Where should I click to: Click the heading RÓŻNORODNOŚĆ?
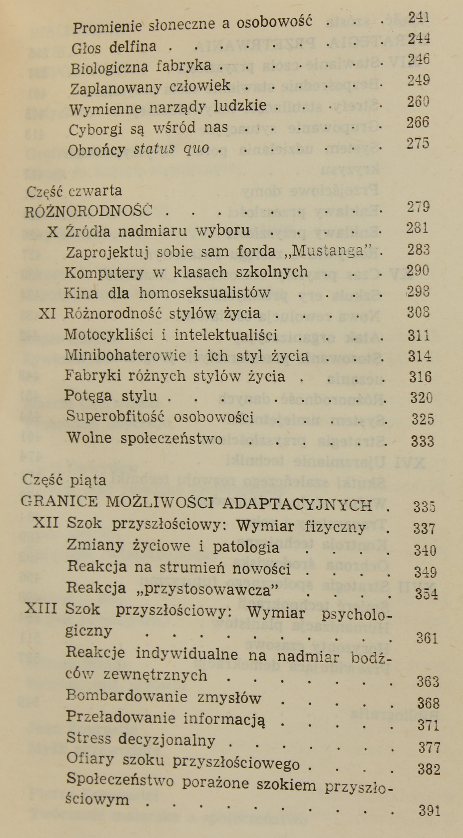pyautogui.click(x=89, y=210)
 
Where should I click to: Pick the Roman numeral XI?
pyautogui.click(x=47, y=313)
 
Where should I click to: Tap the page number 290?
pyautogui.click(x=418, y=271)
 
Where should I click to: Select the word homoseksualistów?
pyautogui.click(x=204, y=293)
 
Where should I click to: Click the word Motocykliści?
pyautogui.click(x=115, y=334)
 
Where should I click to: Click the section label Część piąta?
pyautogui.click(x=64, y=480)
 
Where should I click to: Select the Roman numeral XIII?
pyautogui.click(x=41, y=609)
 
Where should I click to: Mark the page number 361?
pyautogui.click(x=427, y=638)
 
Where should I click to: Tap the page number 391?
pyautogui.click(x=430, y=810)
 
